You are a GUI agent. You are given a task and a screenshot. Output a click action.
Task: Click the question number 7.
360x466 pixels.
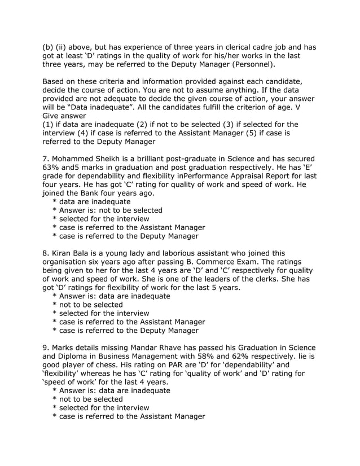[46, 160]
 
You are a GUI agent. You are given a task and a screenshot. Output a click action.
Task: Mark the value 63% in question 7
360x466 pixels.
[52, 169]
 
